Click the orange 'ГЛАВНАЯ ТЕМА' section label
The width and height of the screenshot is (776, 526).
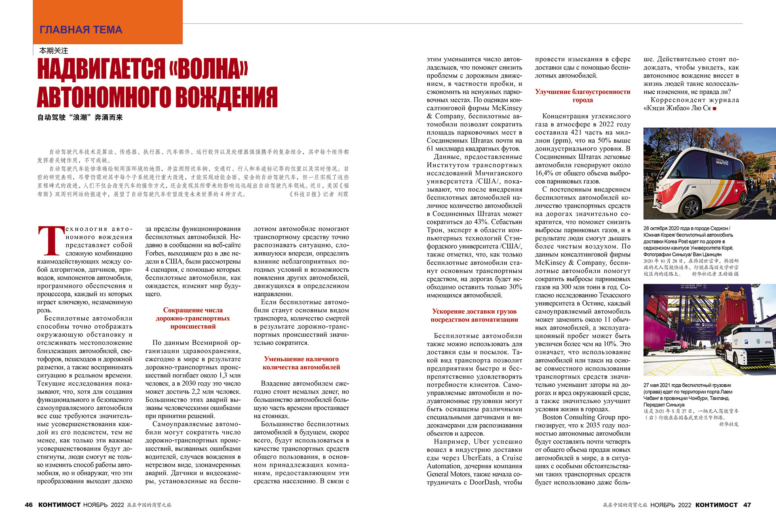(x=81, y=29)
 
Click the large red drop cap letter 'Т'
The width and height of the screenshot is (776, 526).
(x=51, y=241)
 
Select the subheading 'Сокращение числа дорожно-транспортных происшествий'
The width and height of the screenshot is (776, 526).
(x=193, y=318)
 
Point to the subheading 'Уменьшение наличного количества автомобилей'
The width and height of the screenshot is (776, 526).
(x=301, y=363)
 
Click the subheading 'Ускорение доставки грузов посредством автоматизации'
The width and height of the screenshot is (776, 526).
(x=474, y=315)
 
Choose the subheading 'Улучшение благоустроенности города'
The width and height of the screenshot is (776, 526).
(x=582, y=96)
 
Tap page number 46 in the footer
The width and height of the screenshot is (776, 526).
(x=29, y=505)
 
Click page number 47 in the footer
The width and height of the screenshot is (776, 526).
(x=747, y=505)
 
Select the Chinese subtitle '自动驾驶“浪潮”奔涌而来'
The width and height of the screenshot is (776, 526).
(x=80, y=117)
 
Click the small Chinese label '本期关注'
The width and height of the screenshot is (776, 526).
(x=53, y=51)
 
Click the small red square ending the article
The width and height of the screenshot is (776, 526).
(x=715, y=109)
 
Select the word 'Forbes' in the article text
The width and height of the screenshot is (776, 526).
(x=155, y=254)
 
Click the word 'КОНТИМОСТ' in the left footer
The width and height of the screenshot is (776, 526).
(x=59, y=505)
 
